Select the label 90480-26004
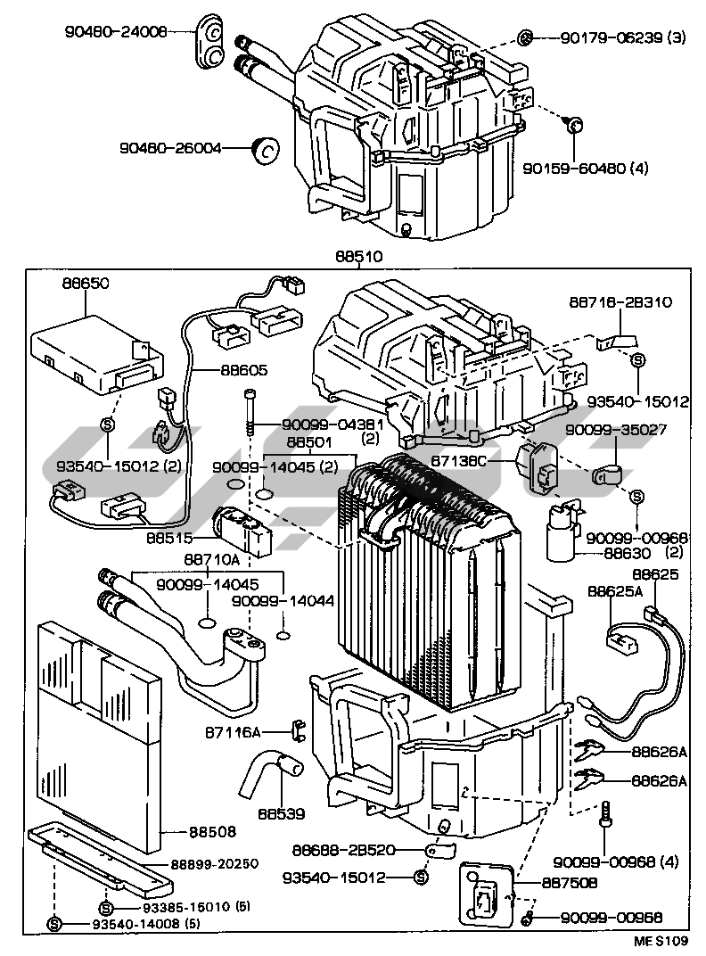pos(170,149)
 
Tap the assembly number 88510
pos(359,257)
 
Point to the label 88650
pos(86,283)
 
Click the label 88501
pos(309,441)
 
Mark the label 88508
pos(212,832)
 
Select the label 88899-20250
pos(214,864)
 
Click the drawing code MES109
pos(661,941)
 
